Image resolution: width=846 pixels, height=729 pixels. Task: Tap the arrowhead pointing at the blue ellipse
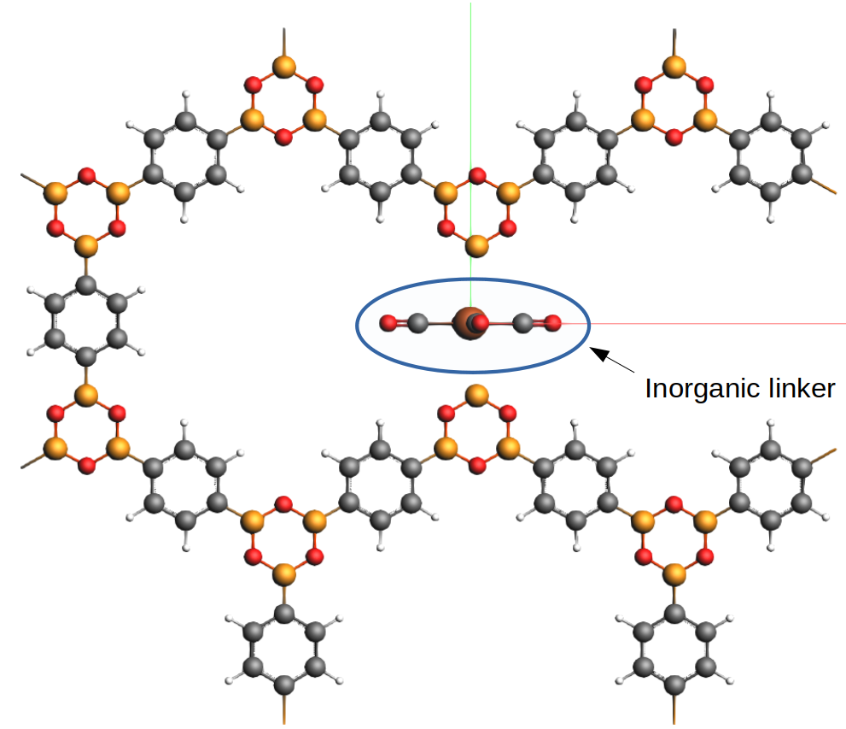(598, 350)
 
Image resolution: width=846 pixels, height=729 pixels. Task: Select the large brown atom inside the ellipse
(468, 323)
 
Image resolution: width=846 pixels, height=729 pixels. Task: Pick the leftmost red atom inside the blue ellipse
(388, 323)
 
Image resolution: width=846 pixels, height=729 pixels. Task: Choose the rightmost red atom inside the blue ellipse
(553, 323)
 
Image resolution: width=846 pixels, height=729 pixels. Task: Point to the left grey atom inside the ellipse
(417, 323)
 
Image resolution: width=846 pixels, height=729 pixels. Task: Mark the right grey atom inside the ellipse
(523, 323)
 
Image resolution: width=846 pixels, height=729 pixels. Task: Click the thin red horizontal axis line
(726, 324)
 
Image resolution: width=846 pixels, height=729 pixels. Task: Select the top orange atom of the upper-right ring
(674, 64)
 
